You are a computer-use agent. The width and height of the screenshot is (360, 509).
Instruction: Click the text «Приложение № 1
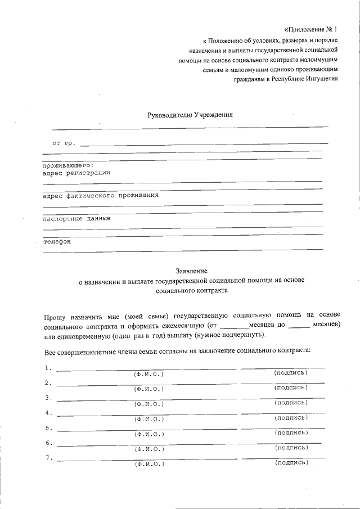click(x=311, y=29)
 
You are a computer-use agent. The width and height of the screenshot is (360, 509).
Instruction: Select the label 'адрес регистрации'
click(x=76, y=173)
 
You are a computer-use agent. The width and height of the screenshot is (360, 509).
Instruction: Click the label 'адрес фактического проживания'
click(x=100, y=195)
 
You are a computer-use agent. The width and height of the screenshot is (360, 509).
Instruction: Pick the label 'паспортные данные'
click(x=76, y=218)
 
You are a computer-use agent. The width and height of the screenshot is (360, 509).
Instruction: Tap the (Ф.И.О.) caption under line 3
click(x=148, y=404)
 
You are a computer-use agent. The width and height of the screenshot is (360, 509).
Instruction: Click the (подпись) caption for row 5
click(x=290, y=433)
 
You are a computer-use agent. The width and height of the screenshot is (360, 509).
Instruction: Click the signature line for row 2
click(x=282, y=382)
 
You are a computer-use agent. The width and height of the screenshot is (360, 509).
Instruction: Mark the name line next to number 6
click(x=146, y=444)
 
